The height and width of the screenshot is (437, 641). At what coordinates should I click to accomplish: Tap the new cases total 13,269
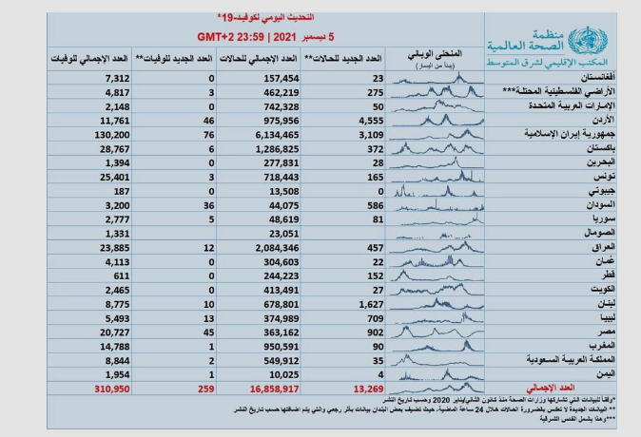click(x=369, y=389)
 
